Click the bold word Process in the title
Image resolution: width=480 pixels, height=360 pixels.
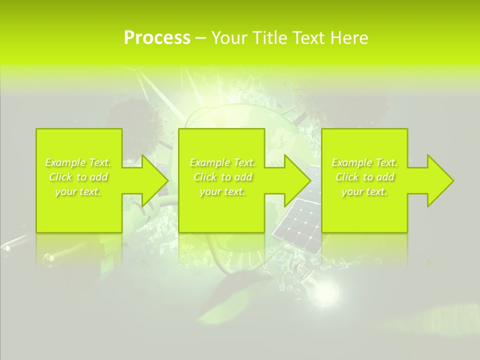[x=157, y=38]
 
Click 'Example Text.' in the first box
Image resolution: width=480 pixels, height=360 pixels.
[x=78, y=162]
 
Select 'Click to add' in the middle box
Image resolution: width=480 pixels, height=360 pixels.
[x=222, y=177]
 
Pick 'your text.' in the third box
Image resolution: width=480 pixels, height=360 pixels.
[x=364, y=191]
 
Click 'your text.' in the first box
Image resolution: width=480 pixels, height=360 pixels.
[x=78, y=191]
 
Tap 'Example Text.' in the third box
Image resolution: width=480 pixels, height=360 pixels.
[x=364, y=162]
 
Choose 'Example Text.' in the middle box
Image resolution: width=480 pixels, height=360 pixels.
[x=222, y=162]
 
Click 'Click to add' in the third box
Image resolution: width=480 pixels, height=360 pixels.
[x=364, y=177]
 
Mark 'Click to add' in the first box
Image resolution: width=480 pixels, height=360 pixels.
[x=78, y=177]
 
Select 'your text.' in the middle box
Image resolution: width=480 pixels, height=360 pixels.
[x=222, y=191]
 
